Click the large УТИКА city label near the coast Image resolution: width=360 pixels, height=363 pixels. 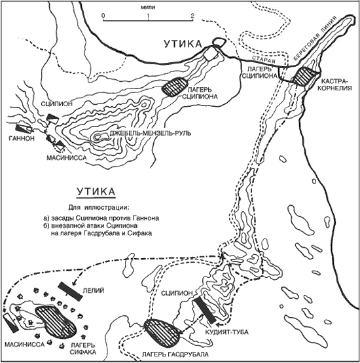pyautogui.click(x=183, y=44)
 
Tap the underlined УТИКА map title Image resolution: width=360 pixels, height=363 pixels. pyautogui.click(x=96, y=192)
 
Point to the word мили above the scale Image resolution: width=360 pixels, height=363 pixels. pyautogui.click(x=148, y=8)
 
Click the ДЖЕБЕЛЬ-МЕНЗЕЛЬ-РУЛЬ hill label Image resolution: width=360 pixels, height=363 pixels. pyautogui.click(x=151, y=134)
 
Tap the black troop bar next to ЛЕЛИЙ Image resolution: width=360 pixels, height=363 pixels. pyautogui.click(x=70, y=291)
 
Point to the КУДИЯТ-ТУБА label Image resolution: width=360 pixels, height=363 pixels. pyautogui.click(x=226, y=332)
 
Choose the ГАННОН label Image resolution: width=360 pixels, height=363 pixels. pyautogui.click(x=22, y=138)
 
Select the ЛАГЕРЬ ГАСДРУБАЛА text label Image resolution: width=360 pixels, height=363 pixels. pyautogui.click(x=175, y=354)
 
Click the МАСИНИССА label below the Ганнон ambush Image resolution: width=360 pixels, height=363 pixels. pyautogui.click(x=67, y=158)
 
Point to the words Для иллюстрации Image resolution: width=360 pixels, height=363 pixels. pyautogui.click(x=98, y=207)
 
